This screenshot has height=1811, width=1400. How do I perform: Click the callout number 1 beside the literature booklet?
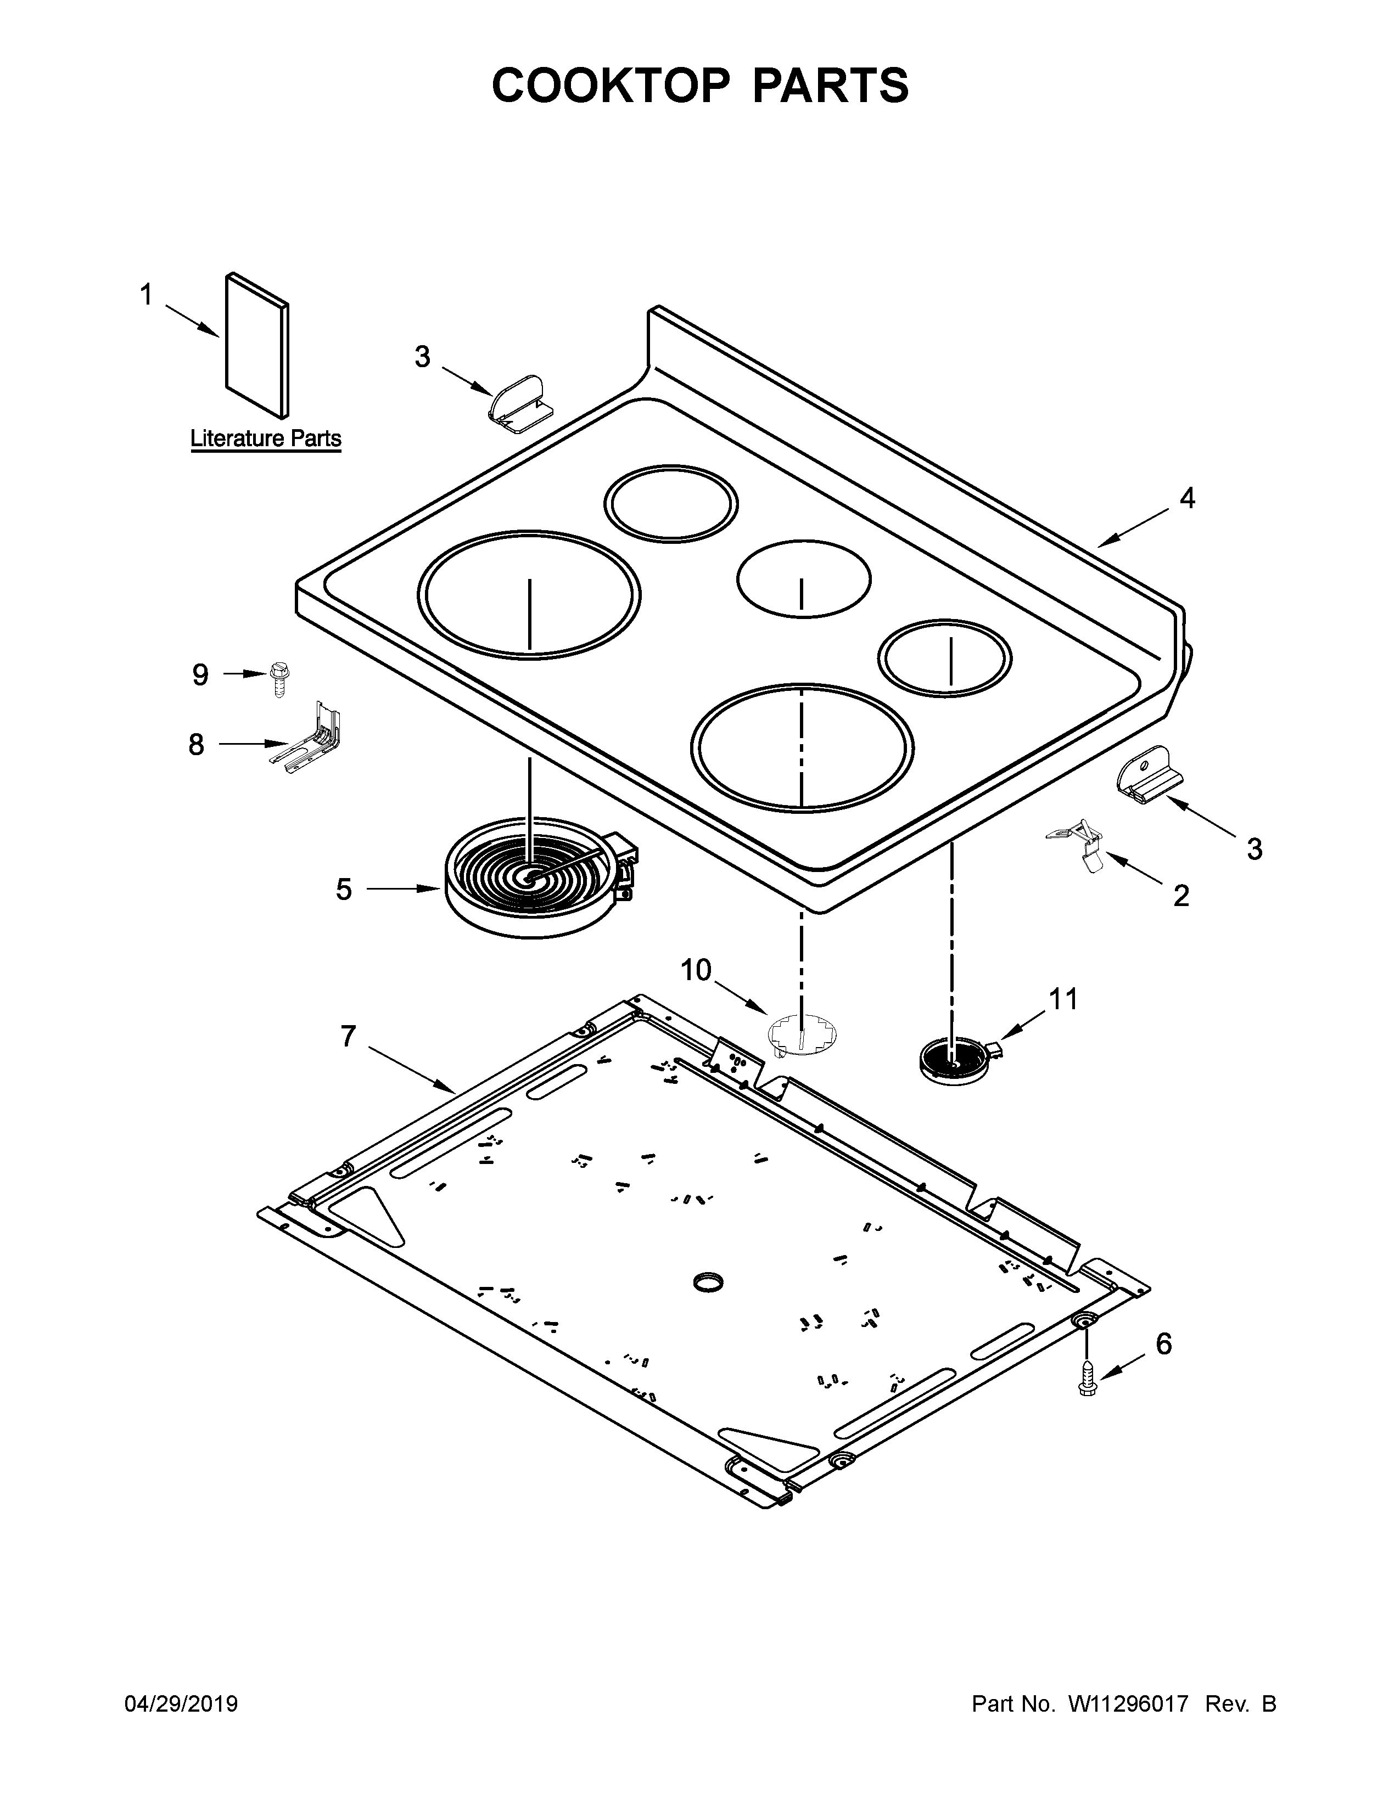(x=146, y=294)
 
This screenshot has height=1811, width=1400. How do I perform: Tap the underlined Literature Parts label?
(x=265, y=438)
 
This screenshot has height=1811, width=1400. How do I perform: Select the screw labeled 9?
(x=279, y=680)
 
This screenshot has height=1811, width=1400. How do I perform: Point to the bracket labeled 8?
(x=313, y=740)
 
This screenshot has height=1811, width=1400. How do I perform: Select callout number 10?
(x=696, y=969)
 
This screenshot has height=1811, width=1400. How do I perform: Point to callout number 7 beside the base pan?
(x=348, y=1036)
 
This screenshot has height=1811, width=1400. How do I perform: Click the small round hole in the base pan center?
(x=708, y=1283)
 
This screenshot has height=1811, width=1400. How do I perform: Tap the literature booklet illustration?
(x=257, y=344)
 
